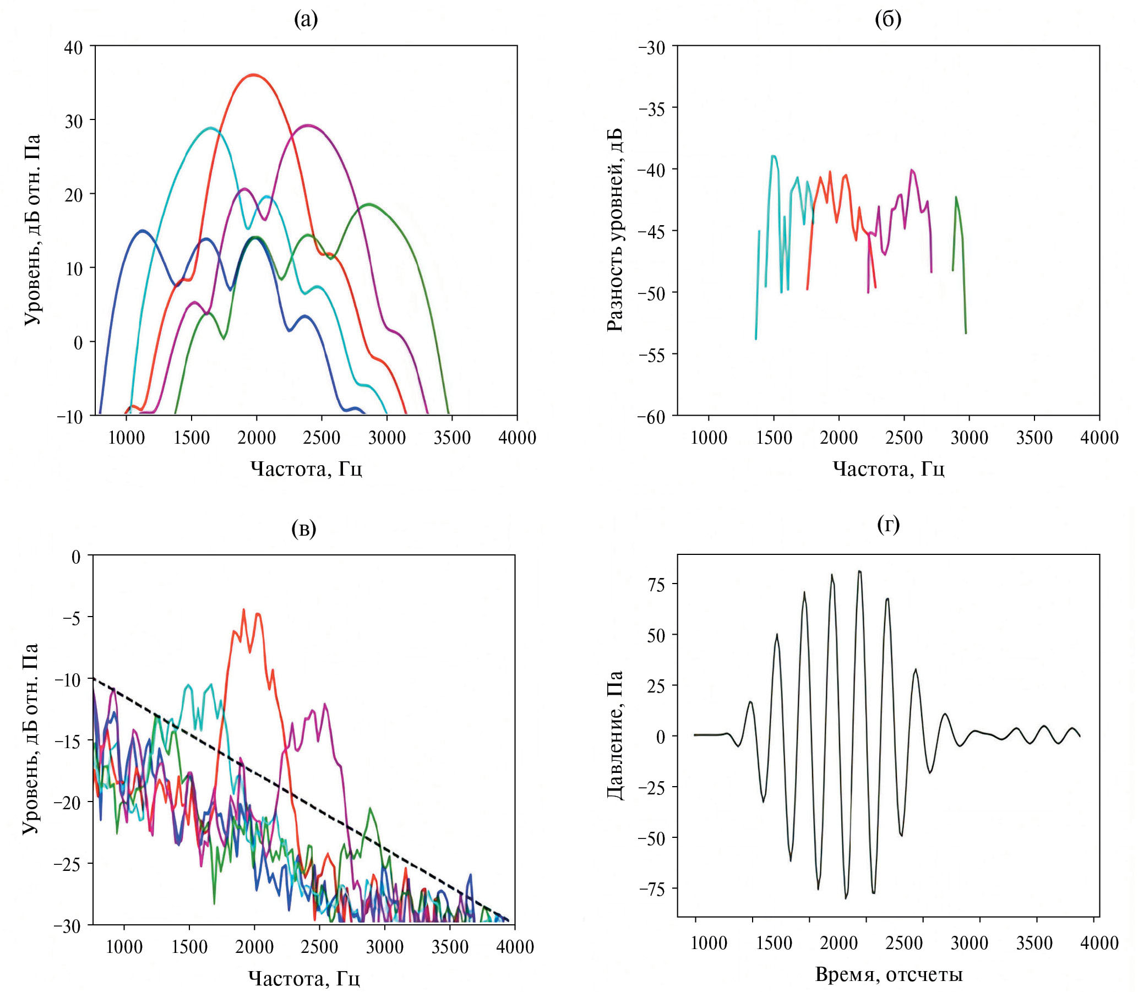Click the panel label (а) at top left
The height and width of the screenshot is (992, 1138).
click(306, 20)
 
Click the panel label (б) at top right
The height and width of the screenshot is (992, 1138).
click(888, 20)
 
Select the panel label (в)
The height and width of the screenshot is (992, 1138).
click(303, 528)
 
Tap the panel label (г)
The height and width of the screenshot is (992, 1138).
click(889, 524)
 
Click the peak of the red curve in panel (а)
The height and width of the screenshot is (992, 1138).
click(253, 75)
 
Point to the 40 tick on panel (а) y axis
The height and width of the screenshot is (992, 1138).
click(74, 47)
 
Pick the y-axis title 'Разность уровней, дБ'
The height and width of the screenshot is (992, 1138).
click(616, 230)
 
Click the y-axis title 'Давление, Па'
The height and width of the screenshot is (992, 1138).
click(616, 735)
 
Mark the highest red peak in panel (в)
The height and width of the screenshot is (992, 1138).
click(243, 610)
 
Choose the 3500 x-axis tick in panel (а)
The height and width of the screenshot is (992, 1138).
click(451, 438)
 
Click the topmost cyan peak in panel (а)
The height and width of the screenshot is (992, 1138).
click(210, 128)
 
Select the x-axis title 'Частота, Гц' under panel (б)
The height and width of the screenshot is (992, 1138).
click(888, 469)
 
